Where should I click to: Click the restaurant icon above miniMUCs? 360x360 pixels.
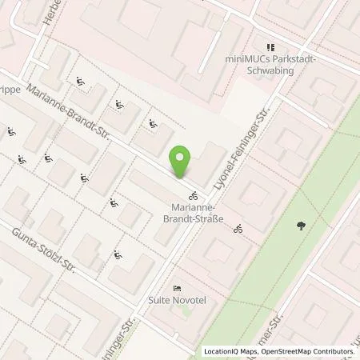pyautogui.click(x=270, y=47)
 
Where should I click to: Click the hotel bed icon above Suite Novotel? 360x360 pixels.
pyautogui.click(x=177, y=288)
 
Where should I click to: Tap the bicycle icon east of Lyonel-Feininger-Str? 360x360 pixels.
pyautogui.click(x=238, y=230)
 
